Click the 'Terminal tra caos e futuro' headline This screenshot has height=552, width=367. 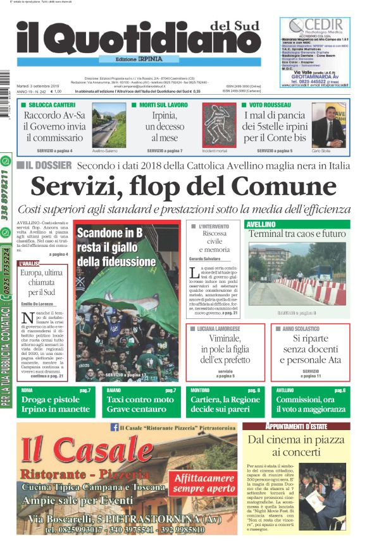(297, 234)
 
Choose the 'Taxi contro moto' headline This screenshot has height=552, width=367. (140, 404)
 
